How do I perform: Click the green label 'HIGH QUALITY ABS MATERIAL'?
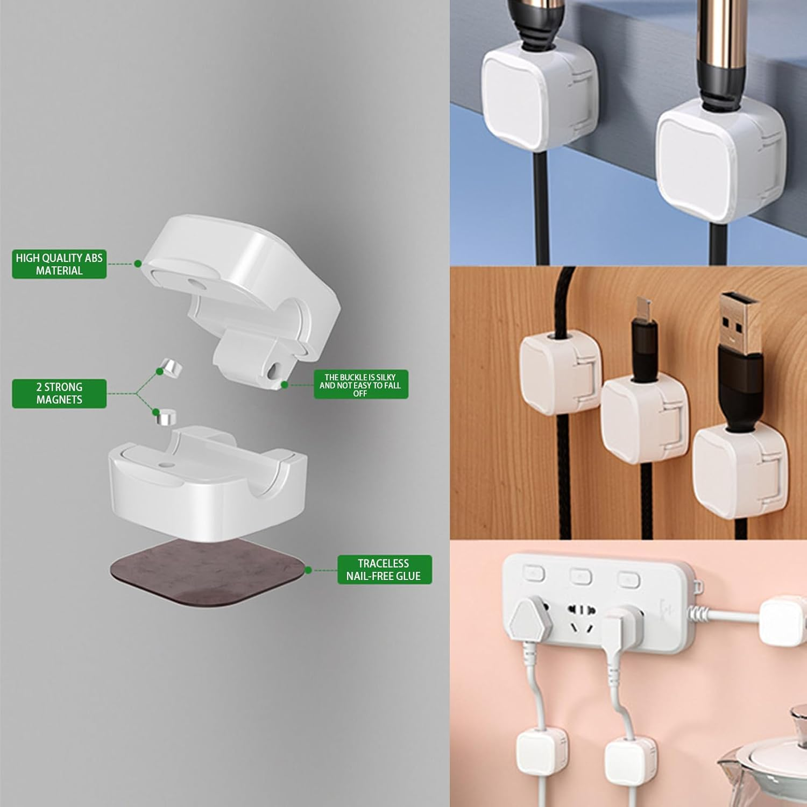pos(59,264)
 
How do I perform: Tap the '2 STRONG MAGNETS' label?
pos(59,393)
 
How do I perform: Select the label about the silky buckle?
pos(360,385)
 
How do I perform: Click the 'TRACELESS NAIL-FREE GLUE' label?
pos(384,570)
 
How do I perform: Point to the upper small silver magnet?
pos(173,368)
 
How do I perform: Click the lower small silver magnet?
pos(166,417)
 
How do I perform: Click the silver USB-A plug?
pos(738,323)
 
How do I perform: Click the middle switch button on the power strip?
pos(582,576)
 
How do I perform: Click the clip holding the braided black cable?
pos(560,371)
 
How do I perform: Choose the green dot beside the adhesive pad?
pos(308,570)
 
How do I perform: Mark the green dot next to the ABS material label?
pos(138,264)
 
